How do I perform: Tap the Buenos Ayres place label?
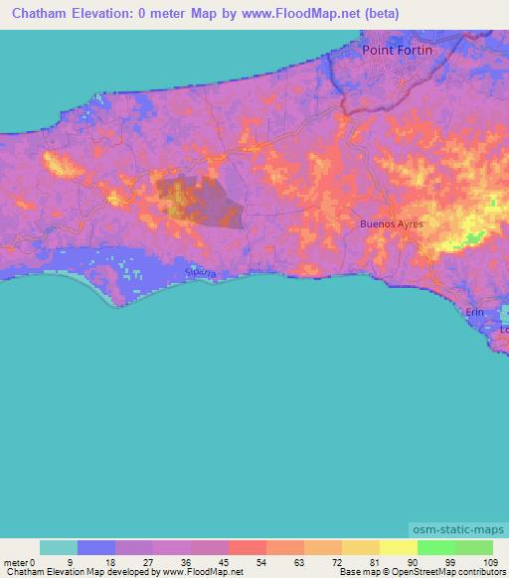[392, 224]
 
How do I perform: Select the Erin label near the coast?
[477, 312]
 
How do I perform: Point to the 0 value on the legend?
[36, 561]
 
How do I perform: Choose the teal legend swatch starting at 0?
[59, 547]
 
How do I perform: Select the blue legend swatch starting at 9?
[96, 547]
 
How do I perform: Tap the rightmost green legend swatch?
[474, 547]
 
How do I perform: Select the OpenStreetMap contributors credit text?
[457, 572]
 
